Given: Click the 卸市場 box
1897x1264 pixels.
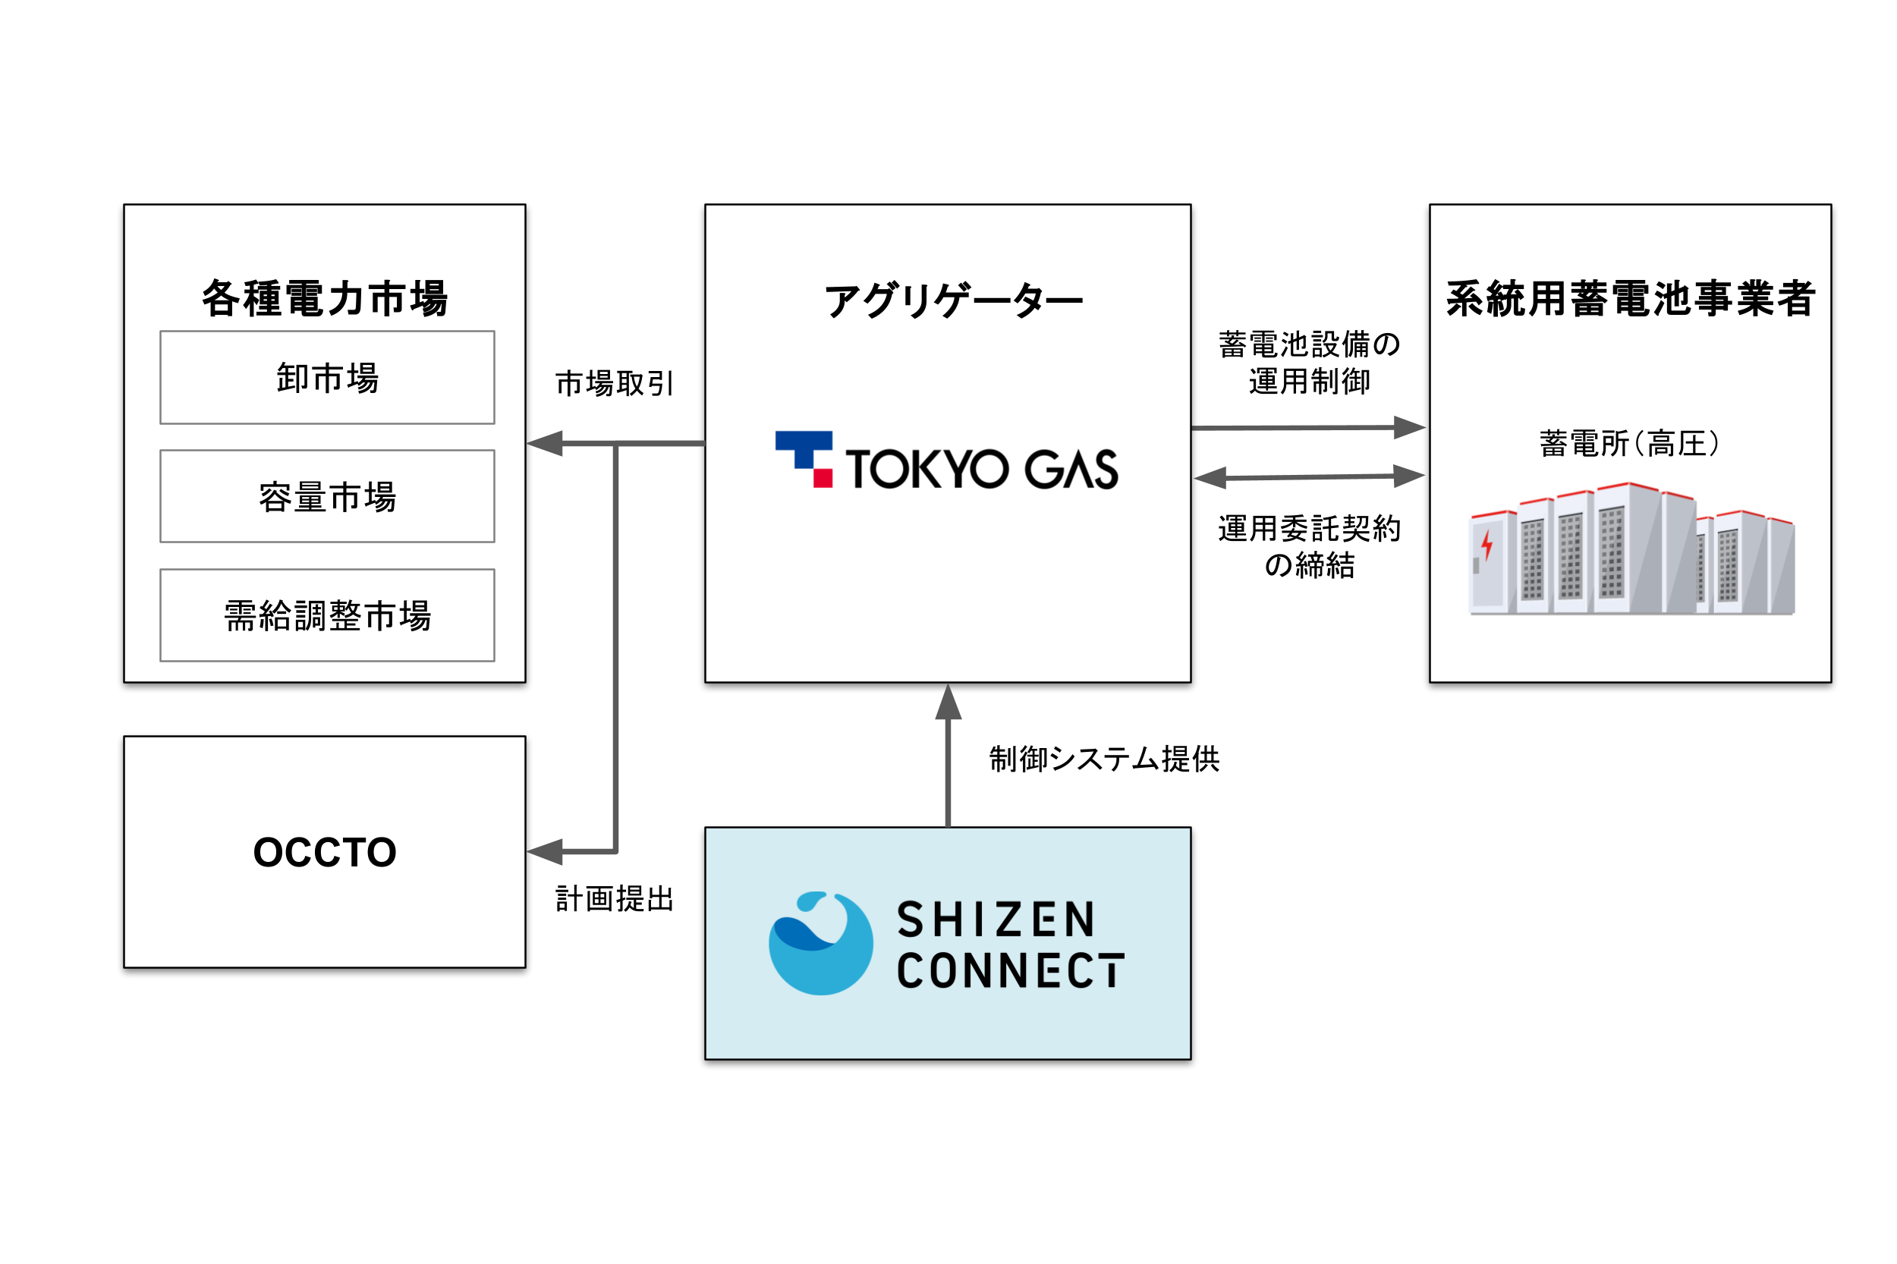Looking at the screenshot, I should [x=326, y=377].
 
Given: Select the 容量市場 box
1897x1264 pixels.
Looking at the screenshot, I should [x=326, y=496].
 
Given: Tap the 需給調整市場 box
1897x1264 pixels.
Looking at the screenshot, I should [x=326, y=615].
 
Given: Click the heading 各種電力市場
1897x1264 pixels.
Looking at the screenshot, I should [x=324, y=298].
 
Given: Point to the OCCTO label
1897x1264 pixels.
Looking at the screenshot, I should [x=324, y=852].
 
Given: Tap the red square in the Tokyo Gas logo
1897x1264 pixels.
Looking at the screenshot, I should [x=822, y=478].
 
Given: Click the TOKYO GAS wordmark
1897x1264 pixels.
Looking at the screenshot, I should [x=980, y=469].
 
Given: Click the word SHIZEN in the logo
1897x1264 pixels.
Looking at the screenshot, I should [x=996, y=920].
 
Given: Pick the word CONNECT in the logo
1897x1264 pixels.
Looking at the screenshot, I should [x=1009, y=970].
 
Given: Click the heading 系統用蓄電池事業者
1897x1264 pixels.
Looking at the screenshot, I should [x=1629, y=298].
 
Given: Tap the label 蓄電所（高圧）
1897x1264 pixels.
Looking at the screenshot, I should [x=1629, y=443].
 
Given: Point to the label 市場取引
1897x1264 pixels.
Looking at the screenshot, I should [x=614, y=384].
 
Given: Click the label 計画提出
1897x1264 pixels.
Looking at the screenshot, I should [x=614, y=899].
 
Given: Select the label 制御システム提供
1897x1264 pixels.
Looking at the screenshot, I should [x=1104, y=759].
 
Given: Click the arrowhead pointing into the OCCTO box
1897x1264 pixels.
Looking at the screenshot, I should [x=545, y=851].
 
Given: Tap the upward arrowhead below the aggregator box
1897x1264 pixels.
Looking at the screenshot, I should [x=947, y=701].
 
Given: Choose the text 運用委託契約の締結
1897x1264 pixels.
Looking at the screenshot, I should [x=1308, y=546].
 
